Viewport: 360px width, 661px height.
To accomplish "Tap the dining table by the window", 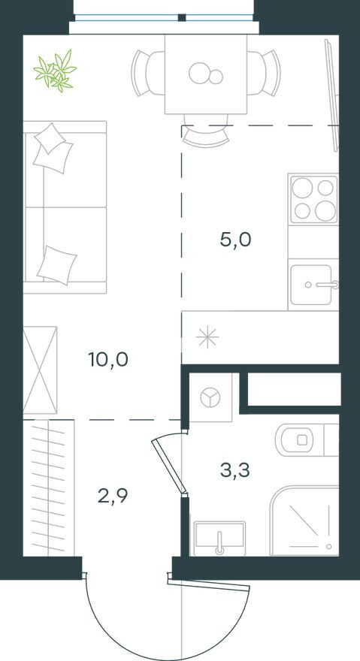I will [x=205, y=74].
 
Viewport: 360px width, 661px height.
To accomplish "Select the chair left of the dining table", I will [x=147, y=73].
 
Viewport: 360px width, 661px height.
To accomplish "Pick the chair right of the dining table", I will [x=265, y=73].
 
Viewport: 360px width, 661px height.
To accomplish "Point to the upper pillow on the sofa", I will [x=53, y=146].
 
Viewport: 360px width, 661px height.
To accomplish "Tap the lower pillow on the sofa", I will [x=57, y=264].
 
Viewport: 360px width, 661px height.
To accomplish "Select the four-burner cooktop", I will [x=313, y=198].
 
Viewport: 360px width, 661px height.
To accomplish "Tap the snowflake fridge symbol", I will [x=207, y=337].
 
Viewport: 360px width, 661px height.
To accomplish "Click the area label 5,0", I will [x=234, y=240].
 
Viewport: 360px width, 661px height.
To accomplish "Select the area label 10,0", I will [x=108, y=359].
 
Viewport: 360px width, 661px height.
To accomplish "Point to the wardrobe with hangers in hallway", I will [x=49, y=488].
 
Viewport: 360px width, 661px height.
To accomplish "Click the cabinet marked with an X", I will [x=40, y=370].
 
